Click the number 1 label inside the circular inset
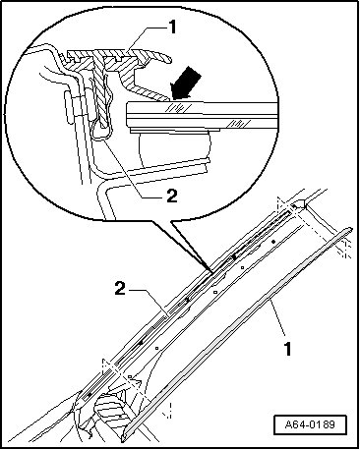pyautogui.click(x=172, y=28)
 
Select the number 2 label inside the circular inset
pyautogui.click(x=172, y=196)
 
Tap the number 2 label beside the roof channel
pyautogui.click(x=120, y=289)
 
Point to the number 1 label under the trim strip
pyautogui.click(x=287, y=349)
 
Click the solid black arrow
pyautogui.click(x=186, y=83)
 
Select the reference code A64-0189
pyautogui.click(x=310, y=424)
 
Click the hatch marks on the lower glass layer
pyautogui.click(x=240, y=123)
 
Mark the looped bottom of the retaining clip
pyautogui.click(x=100, y=135)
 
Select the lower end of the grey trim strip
pyautogui.click(x=125, y=438)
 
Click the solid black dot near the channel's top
pyautogui.click(x=273, y=242)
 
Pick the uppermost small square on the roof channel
pyautogui.click(x=242, y=267)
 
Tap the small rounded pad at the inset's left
pyautogui.click(x=68, y=107)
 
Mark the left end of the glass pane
pyautogui.click(x=127, y=114)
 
